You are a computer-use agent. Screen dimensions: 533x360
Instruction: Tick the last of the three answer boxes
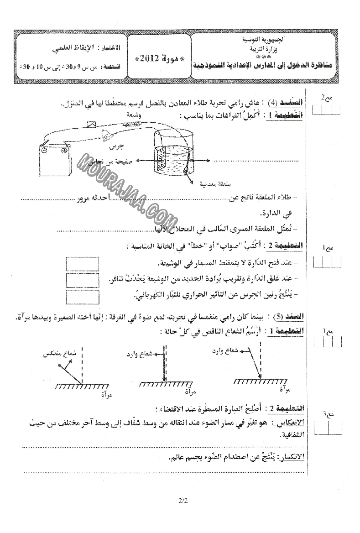point(82,297)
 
